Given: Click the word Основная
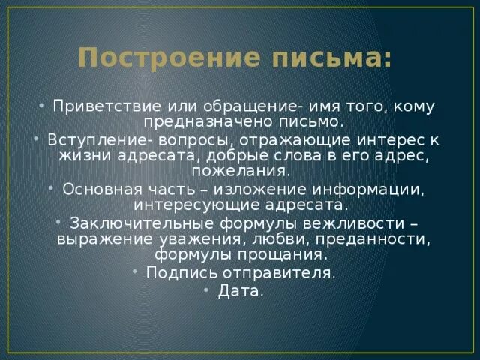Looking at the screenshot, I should pos(95,189).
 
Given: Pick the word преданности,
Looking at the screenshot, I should pos(373,238).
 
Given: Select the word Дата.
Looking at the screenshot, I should pos(241,292).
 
